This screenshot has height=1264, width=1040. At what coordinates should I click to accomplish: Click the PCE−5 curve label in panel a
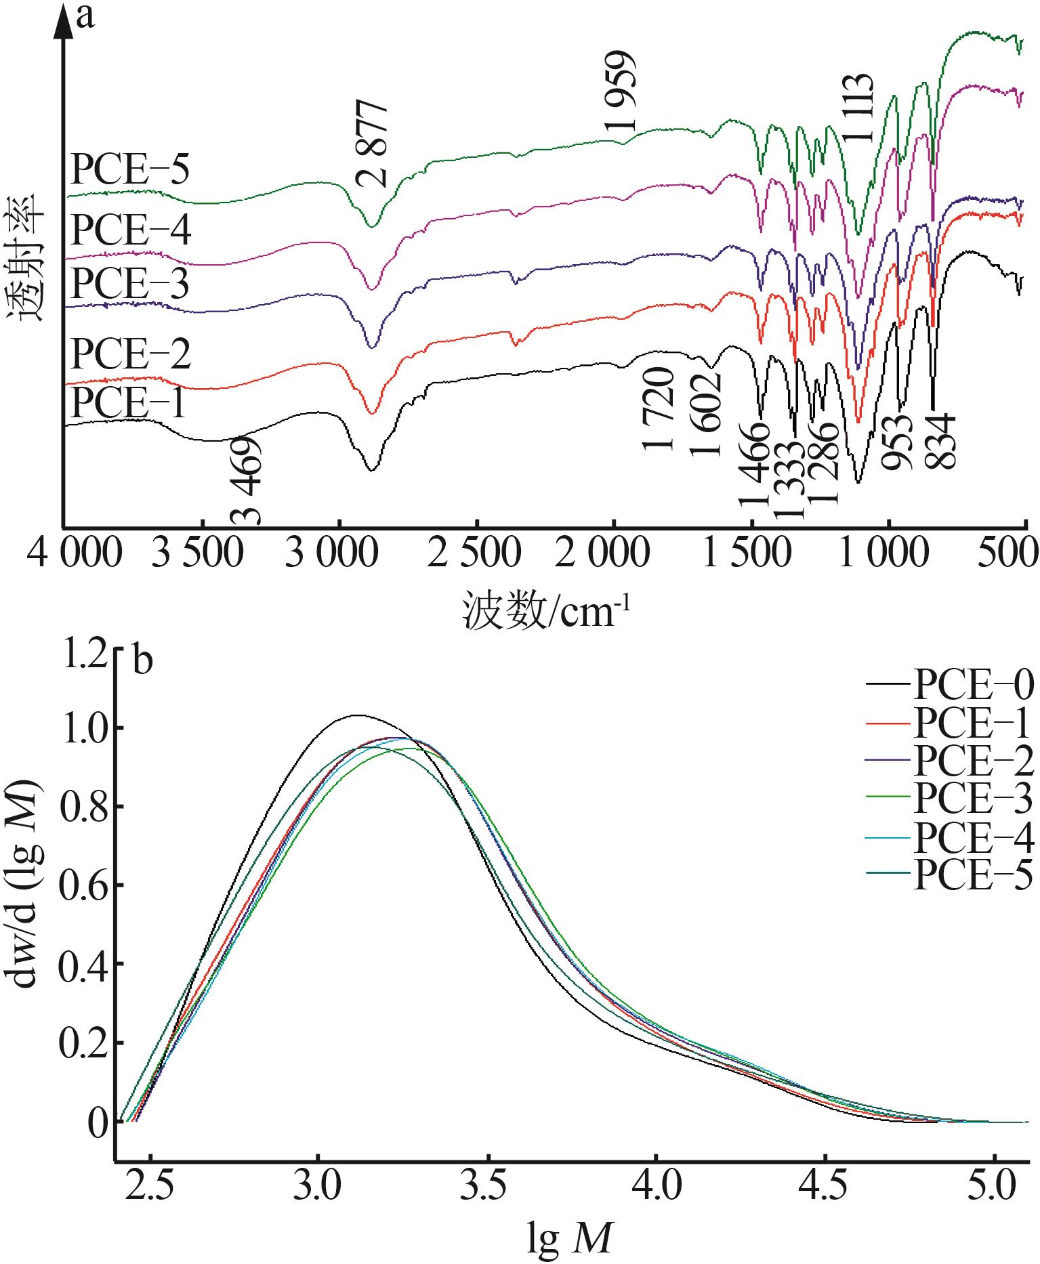129,171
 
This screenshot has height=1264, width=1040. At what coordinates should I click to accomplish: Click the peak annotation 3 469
245,482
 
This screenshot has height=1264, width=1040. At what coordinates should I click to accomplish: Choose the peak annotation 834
941,442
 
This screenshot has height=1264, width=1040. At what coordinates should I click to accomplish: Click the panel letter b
142,662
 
